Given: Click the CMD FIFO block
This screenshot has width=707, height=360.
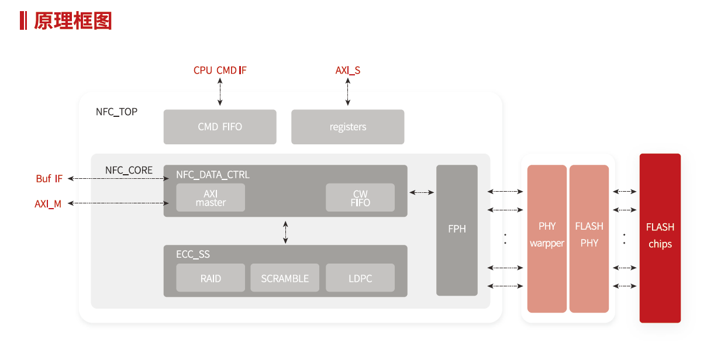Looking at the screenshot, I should pyautogui.click(x=220, y=127).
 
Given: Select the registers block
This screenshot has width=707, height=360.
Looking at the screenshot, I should pyautogui.click(x=348, y=127).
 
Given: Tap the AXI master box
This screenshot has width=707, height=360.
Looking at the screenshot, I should pyautogui.click(x=211, y=198).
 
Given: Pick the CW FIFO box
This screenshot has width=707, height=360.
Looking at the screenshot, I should pyautogui.click(x=360, y=198).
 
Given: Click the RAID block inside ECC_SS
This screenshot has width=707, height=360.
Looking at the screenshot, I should pyautogui.click(x=211, y=278).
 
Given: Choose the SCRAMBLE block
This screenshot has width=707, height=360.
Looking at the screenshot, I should pyautogui.click(x=285, y=278).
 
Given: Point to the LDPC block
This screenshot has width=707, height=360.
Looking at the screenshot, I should pyautogui.click(x=360, y=278).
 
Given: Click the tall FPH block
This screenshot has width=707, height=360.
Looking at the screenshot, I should pyautogui.click(x=457, y=230).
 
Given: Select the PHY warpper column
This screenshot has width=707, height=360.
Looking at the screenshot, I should pyautogui.click(x=547, y=238).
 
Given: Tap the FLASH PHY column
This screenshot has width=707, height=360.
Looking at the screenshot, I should pyautogui.click(x=589, y=238).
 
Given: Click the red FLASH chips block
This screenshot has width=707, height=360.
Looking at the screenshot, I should pyautogui.click(x=660, y=238).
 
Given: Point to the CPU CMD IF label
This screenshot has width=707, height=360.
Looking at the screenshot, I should pyautogui.click(x=220, y=71).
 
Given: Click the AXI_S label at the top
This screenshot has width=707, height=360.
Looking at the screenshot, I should pyautogui.click(x=347, y=71).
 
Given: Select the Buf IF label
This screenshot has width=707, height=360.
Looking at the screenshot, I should pyautogui.click(x=49, y=179).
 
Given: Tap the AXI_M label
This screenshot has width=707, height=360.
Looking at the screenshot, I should pyautogui.click(x=48, y=204).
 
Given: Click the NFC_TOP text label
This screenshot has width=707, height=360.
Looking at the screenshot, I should pyautogui.click(x=116, y=112).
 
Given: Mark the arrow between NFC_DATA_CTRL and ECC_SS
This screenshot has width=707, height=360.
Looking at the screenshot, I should pyautogui.click(x=285, y=231).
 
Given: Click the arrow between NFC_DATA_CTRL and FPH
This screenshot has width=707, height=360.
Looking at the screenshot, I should pyautogui.click(x=422, y=192).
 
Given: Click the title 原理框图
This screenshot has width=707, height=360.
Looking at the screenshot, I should pyautogui.click(x=73, y=20).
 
